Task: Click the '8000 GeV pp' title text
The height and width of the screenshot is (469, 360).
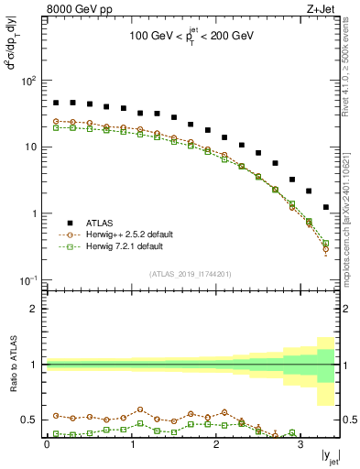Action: tap(76, 10)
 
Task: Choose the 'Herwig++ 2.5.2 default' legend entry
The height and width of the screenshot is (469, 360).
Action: tap(124, 234)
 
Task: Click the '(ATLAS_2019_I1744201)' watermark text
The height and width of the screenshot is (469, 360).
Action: tap(191, 273)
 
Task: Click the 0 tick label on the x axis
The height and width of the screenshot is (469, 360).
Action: tap(47, 443)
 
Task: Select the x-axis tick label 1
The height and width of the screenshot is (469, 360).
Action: tap(132, 443)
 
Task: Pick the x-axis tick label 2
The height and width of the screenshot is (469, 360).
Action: tap(216, 443)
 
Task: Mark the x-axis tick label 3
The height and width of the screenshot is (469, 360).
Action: tap(300, 443)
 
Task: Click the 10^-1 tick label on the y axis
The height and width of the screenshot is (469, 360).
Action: tap(29, 279)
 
